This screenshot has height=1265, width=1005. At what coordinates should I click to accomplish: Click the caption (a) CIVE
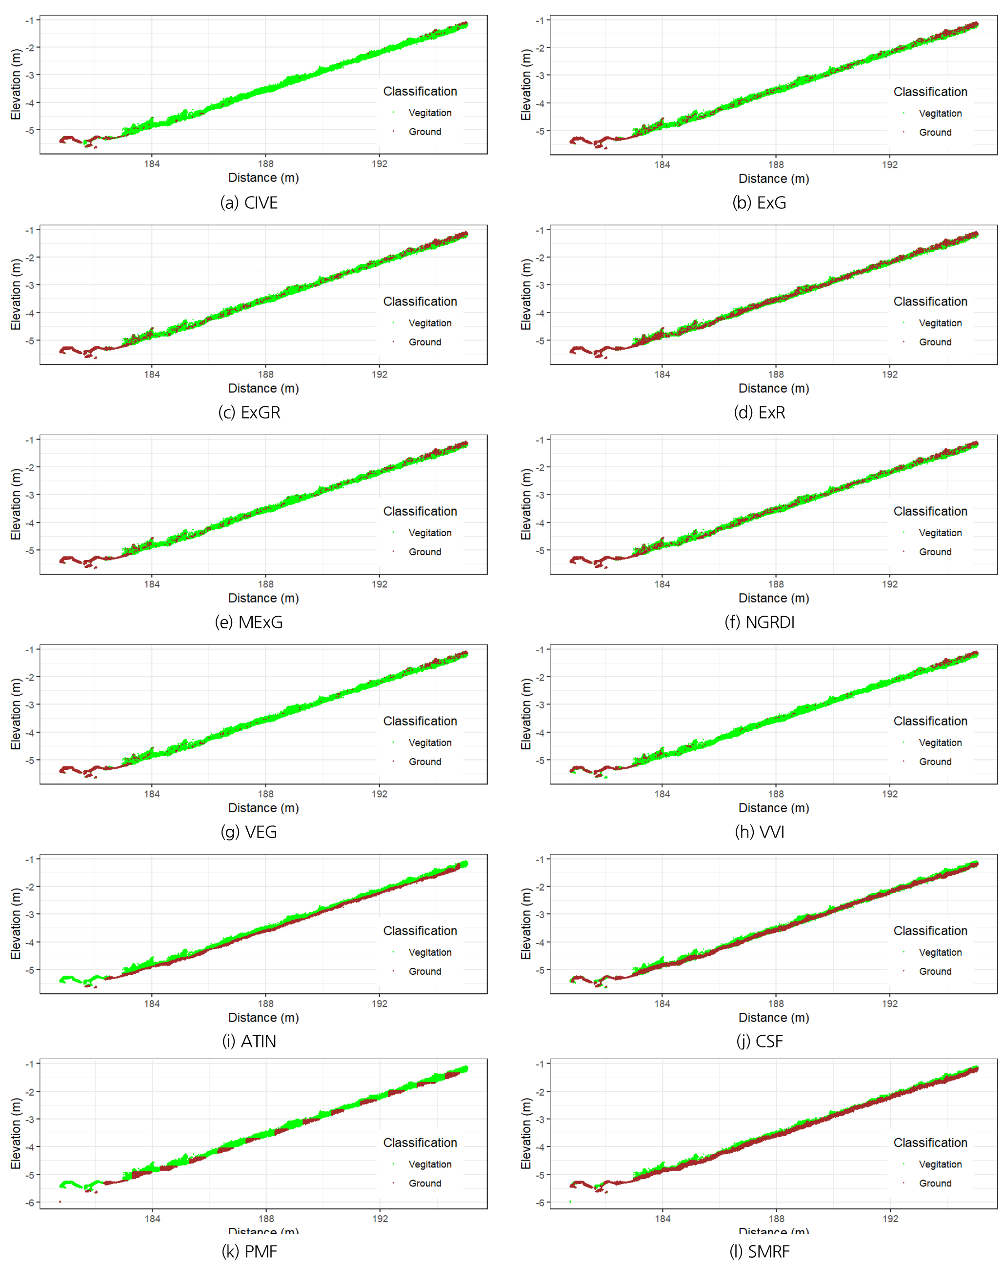click(x=249, y=202)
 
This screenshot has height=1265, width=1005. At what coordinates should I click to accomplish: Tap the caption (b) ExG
click(x=759, y=202)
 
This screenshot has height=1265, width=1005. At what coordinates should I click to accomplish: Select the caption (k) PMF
click(x=249, y=1251)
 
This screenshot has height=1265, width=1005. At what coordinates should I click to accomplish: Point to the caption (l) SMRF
click(x=759, y=1251)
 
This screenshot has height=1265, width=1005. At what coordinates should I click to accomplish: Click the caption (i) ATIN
click(x=249, y=1041)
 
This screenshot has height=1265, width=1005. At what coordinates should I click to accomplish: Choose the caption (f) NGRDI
click(x=759, y=622)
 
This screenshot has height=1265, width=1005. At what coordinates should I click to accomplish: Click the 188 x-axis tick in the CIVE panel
click(x=266, y=164)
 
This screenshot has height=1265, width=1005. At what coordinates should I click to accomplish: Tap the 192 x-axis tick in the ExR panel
click(x=889, y=374)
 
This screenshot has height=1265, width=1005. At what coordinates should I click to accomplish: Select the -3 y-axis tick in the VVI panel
click(x=540, y=704)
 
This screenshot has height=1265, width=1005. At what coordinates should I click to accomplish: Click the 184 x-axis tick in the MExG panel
click(x=152, y=584)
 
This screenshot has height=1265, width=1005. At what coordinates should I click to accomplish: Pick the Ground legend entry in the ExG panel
click(x=935, y=133)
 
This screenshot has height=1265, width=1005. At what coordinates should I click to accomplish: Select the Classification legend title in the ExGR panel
click(x=420, y=301)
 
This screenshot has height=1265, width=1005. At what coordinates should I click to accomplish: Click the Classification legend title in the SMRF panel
click(x=930, y=1143)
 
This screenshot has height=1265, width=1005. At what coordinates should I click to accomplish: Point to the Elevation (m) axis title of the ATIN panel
click(x=16, y=924)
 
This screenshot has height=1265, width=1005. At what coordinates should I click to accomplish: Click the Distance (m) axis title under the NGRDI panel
click(x=773, y=598)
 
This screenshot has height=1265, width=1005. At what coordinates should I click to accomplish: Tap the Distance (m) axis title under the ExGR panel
click(x=263, y=388)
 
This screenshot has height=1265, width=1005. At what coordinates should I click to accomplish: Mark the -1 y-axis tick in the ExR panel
click(x=540, y=229)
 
